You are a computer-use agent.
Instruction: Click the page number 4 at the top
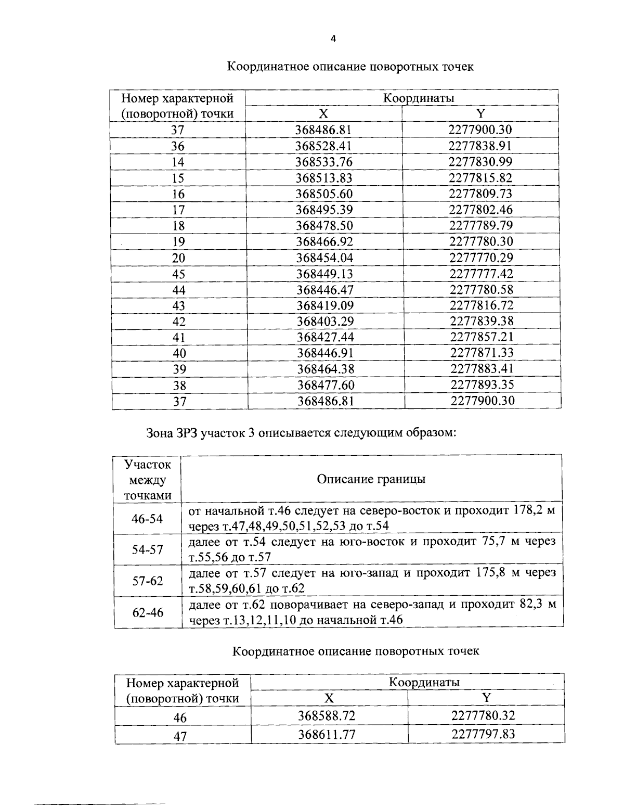[x=333, y=39]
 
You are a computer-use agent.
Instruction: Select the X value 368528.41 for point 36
[x=323, y=146]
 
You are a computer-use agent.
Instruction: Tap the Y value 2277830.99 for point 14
[x=480, y=162]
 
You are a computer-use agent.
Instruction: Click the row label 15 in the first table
[x=178, y=178]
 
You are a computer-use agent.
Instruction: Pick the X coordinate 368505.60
[x=324, y=194]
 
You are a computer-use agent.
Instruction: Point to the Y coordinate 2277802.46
[x=480, y=210]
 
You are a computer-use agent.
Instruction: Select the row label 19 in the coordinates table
[x=178, y=242]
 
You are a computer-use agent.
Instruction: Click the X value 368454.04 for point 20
[x=324, y=258]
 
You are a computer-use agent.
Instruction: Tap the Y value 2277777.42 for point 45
[x=481, y=274]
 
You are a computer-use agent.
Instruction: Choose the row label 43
[x=179, y=306]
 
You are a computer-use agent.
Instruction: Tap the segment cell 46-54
[x=147, y=519]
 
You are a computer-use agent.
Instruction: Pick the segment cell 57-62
[x=148, y=581]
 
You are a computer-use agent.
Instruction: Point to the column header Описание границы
[x=371, y=479]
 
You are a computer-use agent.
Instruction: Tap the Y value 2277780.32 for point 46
[x=483, y=715]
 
